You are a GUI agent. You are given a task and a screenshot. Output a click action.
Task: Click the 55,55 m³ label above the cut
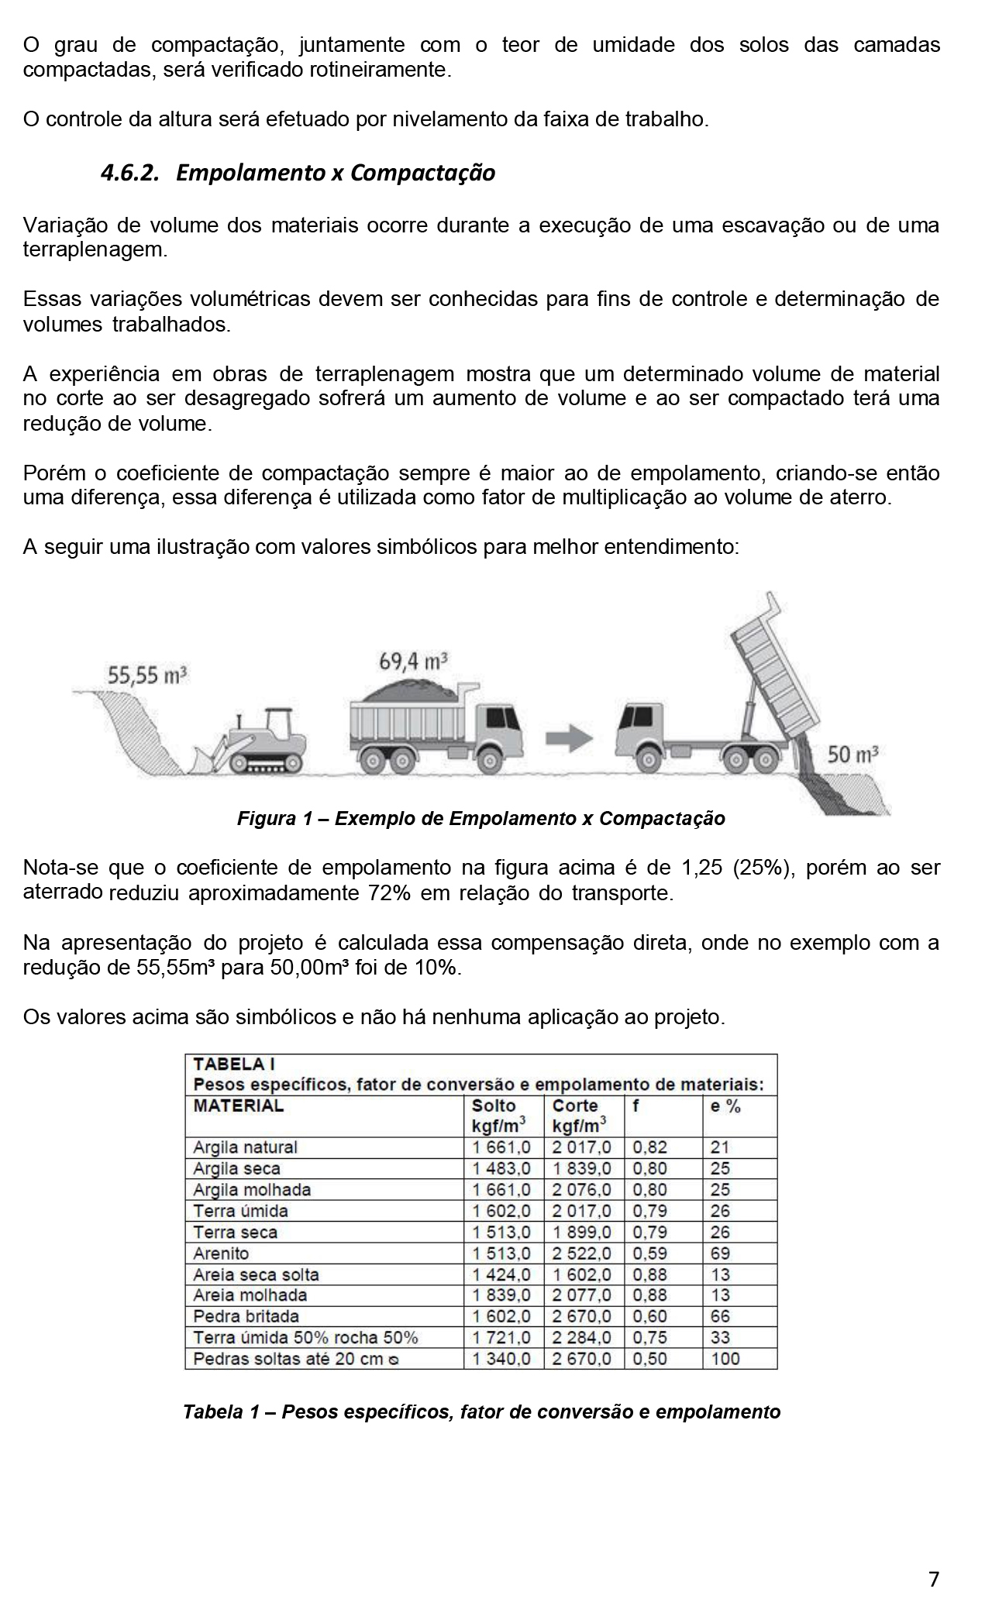click(147, 676)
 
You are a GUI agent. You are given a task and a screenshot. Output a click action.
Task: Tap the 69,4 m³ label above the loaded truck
click(414, 661)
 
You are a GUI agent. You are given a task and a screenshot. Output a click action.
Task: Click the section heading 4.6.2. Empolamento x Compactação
click(298, 172)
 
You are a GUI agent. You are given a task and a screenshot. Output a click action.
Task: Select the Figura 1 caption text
click(480, 819)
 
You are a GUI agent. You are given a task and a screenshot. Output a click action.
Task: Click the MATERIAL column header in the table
click(239, 1106)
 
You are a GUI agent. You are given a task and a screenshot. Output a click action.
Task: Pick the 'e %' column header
click(725, 1106)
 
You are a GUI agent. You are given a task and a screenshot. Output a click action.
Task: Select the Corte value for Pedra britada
click(582, 1315)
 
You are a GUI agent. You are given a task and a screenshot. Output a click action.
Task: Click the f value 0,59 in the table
click(649, 1253)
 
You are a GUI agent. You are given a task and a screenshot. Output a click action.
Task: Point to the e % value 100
click(725, 1358)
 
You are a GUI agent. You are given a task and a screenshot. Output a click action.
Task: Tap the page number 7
click(934, 1579)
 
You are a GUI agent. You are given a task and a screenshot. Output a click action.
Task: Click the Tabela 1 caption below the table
click(481, 1412)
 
